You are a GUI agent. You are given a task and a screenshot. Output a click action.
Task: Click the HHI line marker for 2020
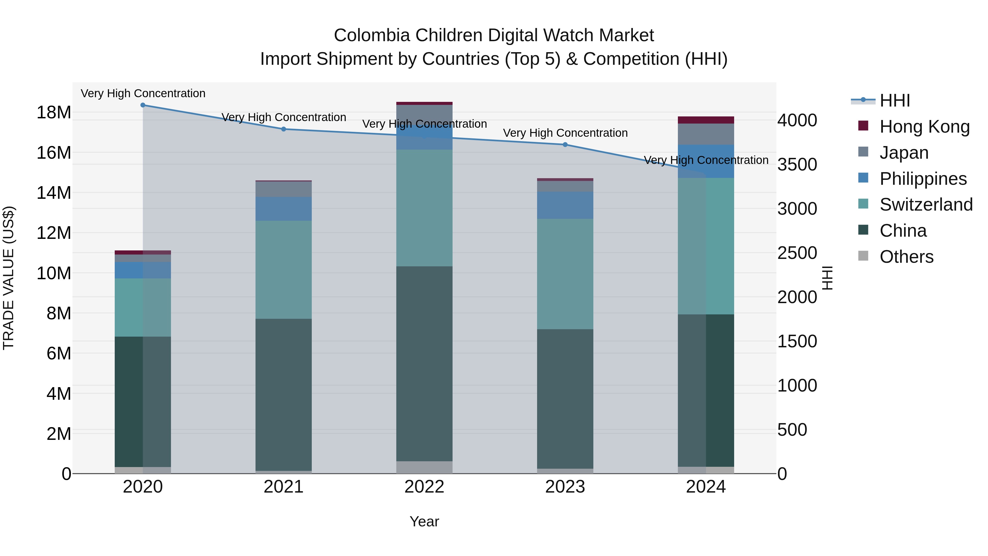[x=143, y=105]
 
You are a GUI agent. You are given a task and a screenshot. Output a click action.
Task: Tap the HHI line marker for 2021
[x=284, y=129]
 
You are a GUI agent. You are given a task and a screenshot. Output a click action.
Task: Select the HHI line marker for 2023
[x=565, y=145]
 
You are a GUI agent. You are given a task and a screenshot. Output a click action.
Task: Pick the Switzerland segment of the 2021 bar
[x=284, y=269]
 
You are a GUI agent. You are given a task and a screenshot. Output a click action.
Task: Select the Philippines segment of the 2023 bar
[x=565, y=205]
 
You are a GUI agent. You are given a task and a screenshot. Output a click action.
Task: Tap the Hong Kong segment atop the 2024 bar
[x=706, y=120]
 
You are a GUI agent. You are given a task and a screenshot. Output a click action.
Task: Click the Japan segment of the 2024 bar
[x=706, y=134]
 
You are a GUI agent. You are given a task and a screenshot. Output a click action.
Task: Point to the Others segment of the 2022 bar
[x=424, y=467]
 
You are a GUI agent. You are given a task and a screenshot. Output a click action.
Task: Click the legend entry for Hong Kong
[x=924, y=127]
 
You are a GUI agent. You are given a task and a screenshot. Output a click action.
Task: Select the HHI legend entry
[x=894, y=100]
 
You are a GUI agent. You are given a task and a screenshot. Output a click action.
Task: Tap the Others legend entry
[x=906, y=257]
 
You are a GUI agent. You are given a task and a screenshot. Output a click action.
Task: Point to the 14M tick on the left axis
[x=54, y=193]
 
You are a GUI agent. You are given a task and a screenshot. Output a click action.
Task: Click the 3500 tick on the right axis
[x=797, y=165]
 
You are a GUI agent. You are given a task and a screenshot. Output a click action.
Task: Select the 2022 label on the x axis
[x=424, y=487]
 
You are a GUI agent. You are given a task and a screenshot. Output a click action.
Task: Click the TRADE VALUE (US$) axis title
[x=9, y=278]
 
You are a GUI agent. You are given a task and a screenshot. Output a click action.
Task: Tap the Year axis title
[x=424, y=521]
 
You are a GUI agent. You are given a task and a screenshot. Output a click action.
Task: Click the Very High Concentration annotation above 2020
[x=143, y=93]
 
